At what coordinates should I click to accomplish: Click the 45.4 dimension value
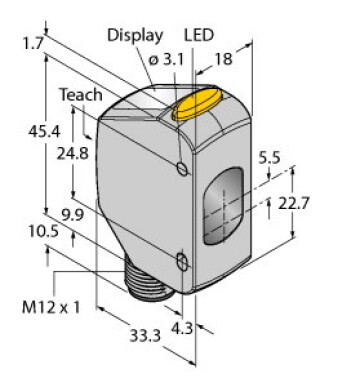point(44,132)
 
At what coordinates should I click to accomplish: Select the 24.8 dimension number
point(73,154)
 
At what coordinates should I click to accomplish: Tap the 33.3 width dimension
point(145,336)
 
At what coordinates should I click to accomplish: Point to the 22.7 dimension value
point(294,203)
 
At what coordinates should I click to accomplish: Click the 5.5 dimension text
point(270,158)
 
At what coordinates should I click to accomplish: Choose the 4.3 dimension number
point(182,329)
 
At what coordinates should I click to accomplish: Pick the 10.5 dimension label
point(43,231)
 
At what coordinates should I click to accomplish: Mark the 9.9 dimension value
point(73,215)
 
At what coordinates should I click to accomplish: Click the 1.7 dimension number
point(33,43)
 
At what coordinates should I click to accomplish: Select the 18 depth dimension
point(223,59)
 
